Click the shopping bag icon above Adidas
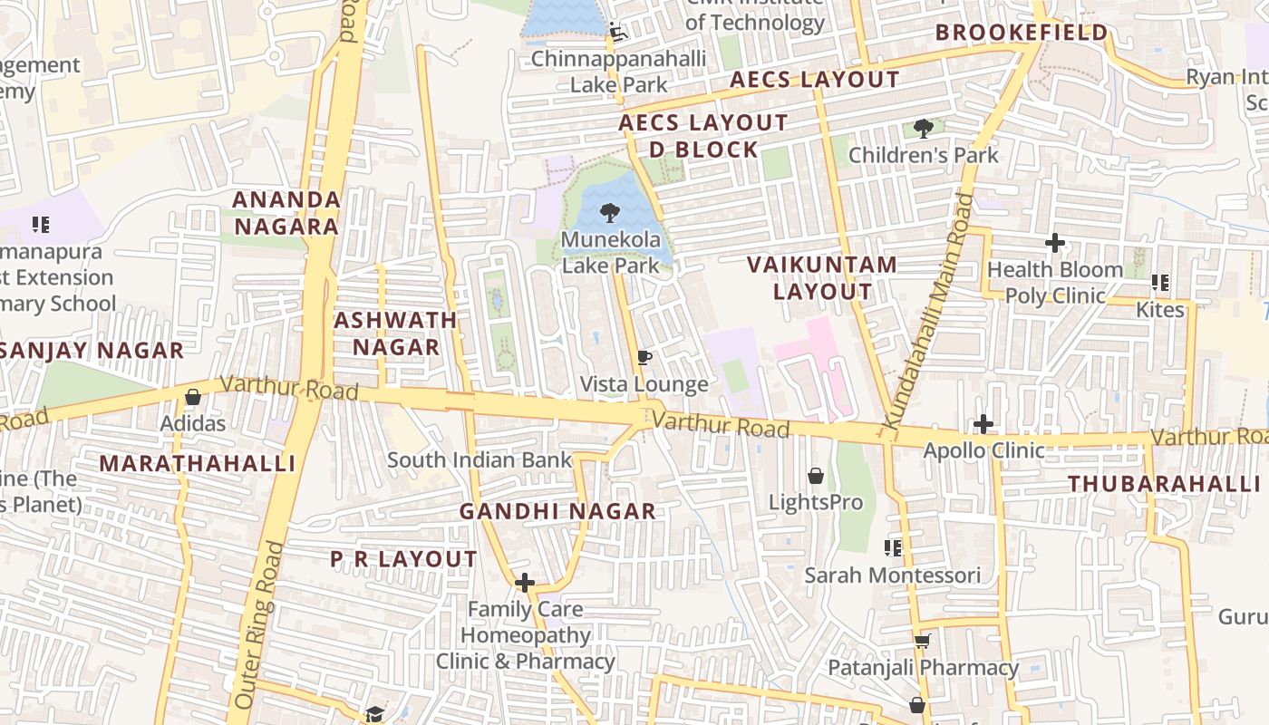pyautogui.click(x=192, y=397)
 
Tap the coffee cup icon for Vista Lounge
pyautogui.click(x=644, y=358)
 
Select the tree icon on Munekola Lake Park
pyautogui.click(x=610, y=214)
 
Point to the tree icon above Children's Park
pyautogui.click(x=923, y=129)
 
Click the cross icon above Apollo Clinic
pyautogui.click(x=983, y=424)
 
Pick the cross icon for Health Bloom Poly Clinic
pyautogui.click(x=1054, y=243)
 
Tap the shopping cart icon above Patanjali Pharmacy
pyautogui.click(x=922, y=642)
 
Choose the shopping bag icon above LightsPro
pyautogui.click(x=815, y=476)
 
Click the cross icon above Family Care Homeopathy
pyautogui.click(x=524, y=583)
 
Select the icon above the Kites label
pyautogui.click(x=1159, y=284)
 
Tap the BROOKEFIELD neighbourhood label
pyautogui.click(x=1022, y=34)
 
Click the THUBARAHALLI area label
pyautogui.click(x=1164, y=484)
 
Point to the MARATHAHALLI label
pyautogui.click(x=198, y=464)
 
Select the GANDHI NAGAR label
pyautogui.click(x=557, y=511)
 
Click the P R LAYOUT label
pyautogui.click(x=403, y=559)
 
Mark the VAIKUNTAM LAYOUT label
pyautogui.click(x=822, y=278)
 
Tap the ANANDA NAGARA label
pyautogui.click(x=286, y=212)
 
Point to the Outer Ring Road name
pyautogui.click(x=259, y=625)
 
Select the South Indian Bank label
pyautogui.click(x=480, y=459)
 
